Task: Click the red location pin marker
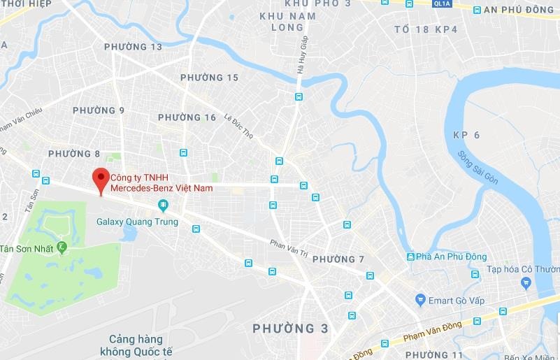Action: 101,179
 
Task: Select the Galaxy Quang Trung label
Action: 137,222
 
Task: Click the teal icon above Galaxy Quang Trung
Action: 163,206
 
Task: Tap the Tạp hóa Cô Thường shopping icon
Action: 526,283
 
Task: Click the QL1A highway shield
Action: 441,3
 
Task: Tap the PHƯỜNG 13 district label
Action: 133,47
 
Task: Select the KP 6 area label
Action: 466,135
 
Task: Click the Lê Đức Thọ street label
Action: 238,126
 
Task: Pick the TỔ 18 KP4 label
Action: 426,29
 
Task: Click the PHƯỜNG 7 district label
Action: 338,259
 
